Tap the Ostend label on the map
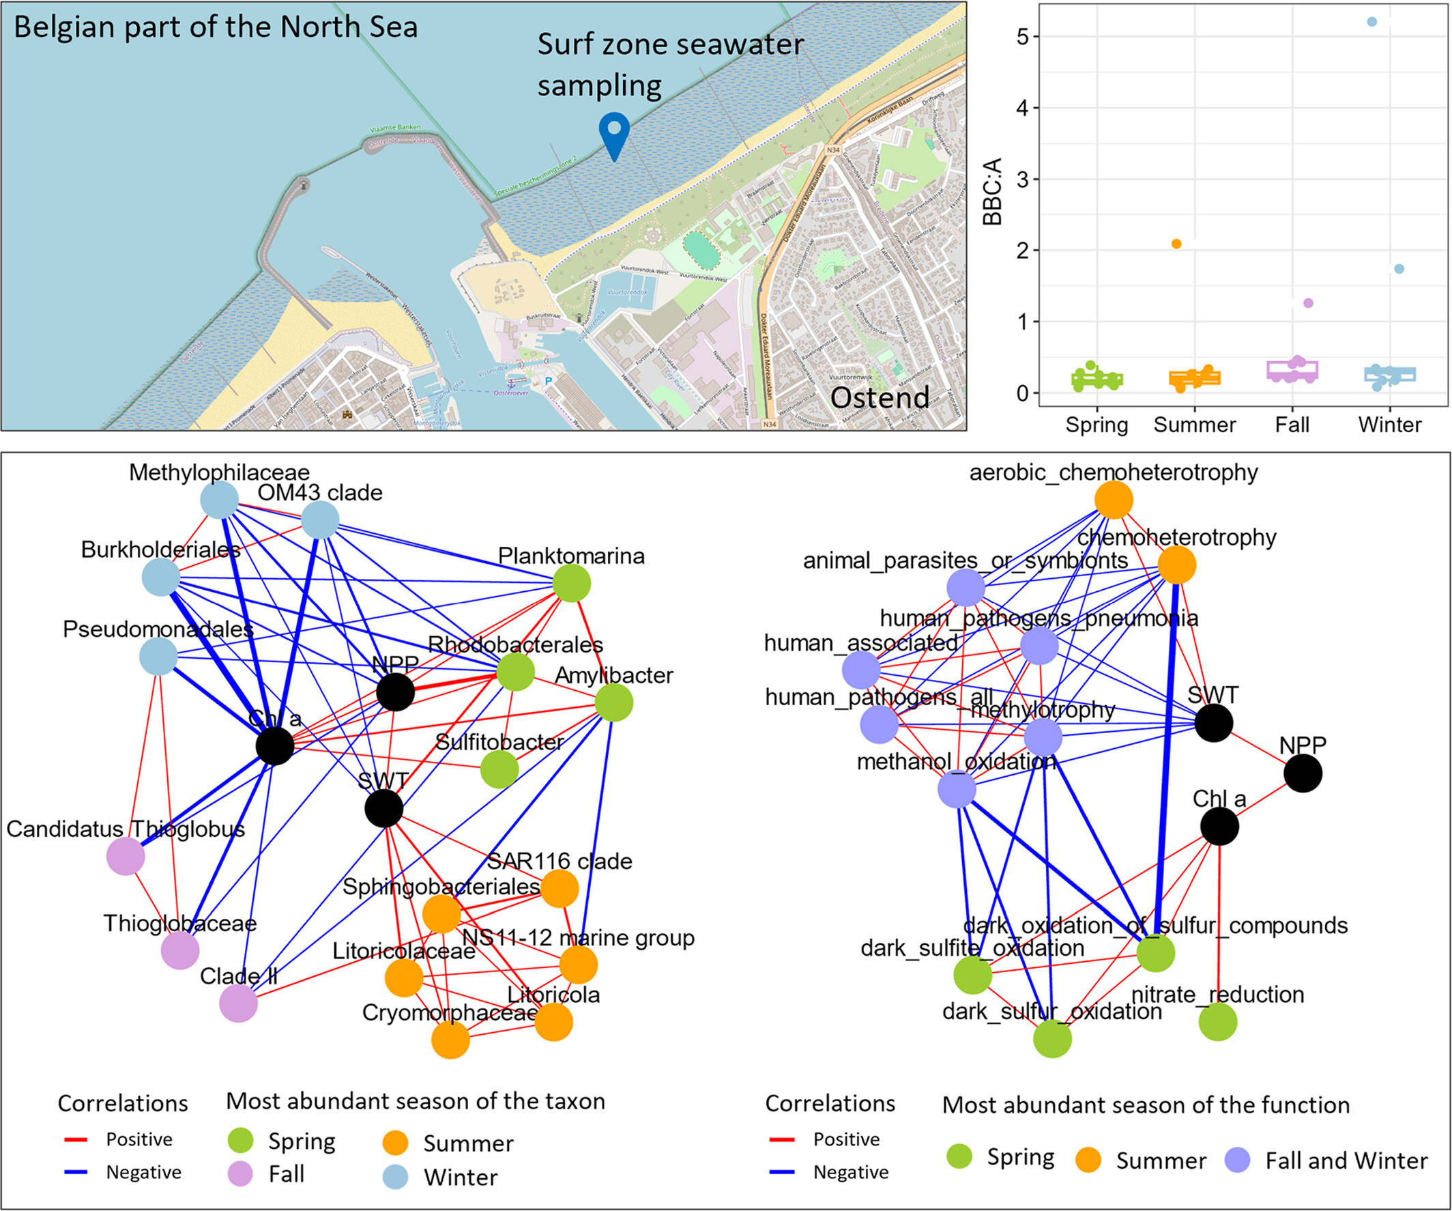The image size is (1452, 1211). point(880,398)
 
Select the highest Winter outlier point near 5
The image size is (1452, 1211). point(1371,22)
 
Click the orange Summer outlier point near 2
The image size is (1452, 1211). point(1176,244)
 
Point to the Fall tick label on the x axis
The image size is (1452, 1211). point(1292,425)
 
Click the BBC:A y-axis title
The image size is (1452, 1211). point(992,192)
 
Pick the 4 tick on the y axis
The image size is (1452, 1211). point(1023,108)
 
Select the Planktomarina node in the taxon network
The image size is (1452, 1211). point(572,583)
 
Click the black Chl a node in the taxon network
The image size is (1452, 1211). point(274,746)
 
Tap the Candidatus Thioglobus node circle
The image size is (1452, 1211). point(125,855)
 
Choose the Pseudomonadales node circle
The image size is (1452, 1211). point(158,656)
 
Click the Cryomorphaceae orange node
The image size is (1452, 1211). point(450,1040)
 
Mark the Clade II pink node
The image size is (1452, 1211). point(239,1003)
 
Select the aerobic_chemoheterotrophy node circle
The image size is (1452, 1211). point(1114,499)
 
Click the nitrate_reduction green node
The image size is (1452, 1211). point(1217,1021)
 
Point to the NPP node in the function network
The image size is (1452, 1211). point(1303,773)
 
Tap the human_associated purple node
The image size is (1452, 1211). point(861,670)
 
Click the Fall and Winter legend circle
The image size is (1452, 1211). point(1237,1159)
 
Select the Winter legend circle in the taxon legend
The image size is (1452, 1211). point(395,1176)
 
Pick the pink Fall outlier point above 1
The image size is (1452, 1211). point(1308,303)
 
